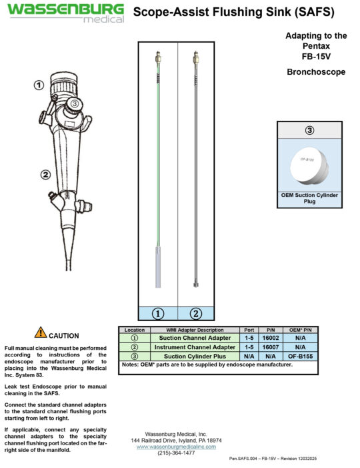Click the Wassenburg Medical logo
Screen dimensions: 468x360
65,13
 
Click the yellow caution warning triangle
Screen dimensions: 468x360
41,332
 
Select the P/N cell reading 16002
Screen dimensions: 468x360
271,338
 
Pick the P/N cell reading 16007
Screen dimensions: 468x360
271,347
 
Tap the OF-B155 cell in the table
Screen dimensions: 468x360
303,356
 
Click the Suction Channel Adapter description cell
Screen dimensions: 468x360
195,338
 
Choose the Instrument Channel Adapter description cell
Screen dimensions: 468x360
195,347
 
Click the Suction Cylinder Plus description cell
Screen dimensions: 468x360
195,356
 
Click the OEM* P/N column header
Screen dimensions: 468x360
303,330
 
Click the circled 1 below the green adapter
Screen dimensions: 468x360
157,312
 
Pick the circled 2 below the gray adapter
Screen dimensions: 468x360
197,312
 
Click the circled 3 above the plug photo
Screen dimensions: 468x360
309,130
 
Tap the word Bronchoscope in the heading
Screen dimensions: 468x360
315,72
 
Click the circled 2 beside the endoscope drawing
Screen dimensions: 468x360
45,175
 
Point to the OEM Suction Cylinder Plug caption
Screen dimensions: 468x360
309,198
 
